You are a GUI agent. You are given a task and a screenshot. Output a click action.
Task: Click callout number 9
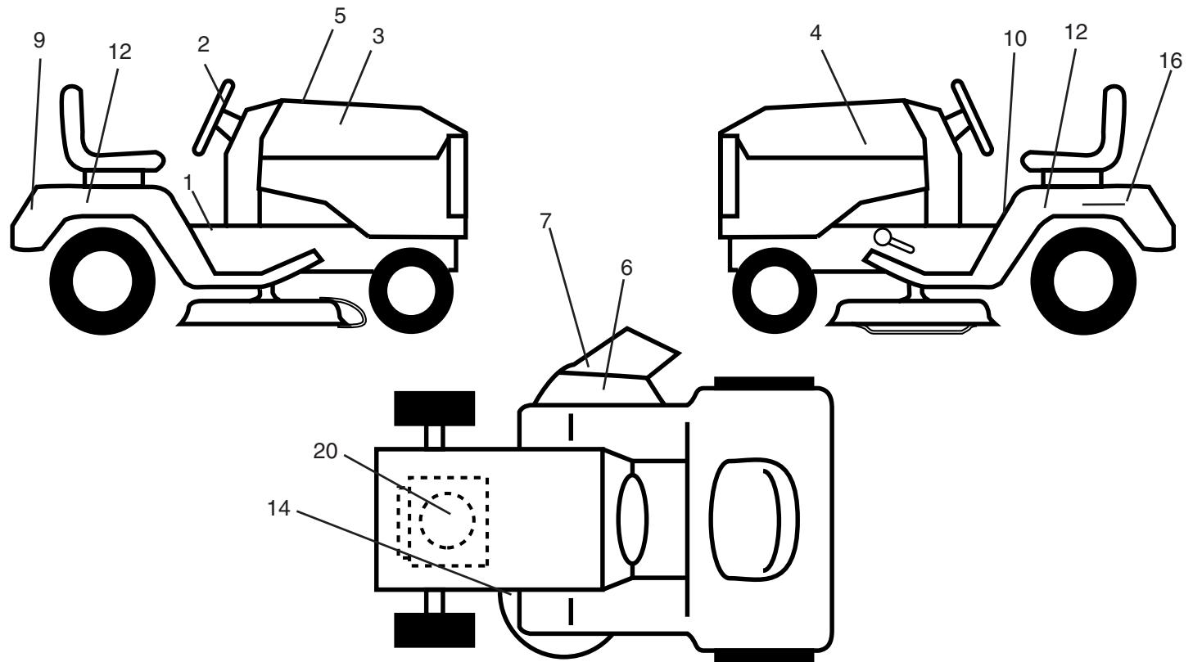tap(38, 40)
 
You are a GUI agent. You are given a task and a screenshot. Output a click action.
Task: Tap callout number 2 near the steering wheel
tap(203, 45)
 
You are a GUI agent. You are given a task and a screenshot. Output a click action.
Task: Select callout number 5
tap(340, 16)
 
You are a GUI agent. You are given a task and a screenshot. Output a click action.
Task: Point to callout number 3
tap(378, 36)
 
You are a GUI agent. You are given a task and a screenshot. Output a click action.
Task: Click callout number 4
tap(816, 33)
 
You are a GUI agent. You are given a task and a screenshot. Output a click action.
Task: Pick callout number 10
tap(1015, 38)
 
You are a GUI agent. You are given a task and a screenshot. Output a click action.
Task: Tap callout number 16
tap(1171, 61)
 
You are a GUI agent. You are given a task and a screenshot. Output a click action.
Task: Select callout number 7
tap(545, 221)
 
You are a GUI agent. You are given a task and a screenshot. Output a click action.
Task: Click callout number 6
tap(626, 268)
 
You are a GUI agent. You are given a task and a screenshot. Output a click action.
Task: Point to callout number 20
tap(325, 451)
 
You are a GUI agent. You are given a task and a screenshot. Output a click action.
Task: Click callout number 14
tap(278, 508)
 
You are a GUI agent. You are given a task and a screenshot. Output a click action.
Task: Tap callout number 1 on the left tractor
tap(188, 183)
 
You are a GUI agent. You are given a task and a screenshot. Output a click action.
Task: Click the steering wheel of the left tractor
tap(213, 118)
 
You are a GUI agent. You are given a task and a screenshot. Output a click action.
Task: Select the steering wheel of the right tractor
tap(973, 118)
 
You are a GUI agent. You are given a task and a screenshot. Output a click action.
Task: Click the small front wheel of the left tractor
tap(410, 291)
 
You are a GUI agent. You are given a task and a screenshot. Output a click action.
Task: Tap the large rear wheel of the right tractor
tap(1083, 281)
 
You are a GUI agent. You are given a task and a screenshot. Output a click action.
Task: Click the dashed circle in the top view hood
tap(447, 520)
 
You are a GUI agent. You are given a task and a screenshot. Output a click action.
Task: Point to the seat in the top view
tap(754, 520)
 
